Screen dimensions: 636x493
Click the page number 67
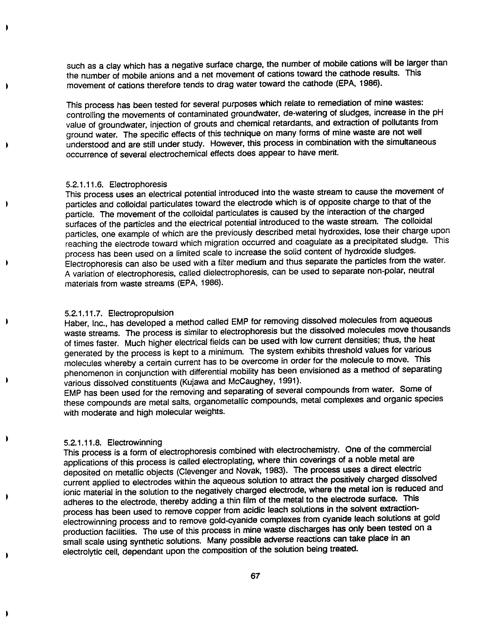point(255,576)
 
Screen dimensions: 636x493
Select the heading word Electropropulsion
point(141,313)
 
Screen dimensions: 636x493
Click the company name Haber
point(73,323)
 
